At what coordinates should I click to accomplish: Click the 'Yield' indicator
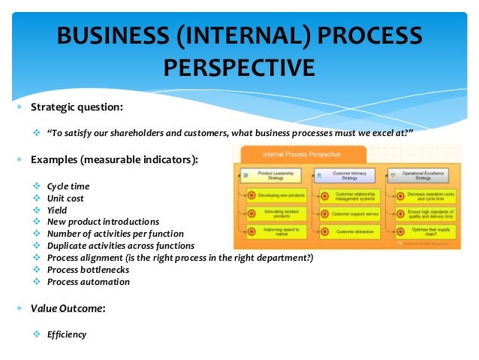point(58,210)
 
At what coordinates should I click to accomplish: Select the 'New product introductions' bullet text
point(103,222)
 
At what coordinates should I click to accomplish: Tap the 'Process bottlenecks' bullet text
point(88,270)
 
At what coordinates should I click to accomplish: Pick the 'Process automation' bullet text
point(88,282)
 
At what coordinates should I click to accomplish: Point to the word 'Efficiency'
point(67,334)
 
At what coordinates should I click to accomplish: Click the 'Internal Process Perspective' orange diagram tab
point(301,155)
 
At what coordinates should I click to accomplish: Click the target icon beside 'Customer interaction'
point(324,232)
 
